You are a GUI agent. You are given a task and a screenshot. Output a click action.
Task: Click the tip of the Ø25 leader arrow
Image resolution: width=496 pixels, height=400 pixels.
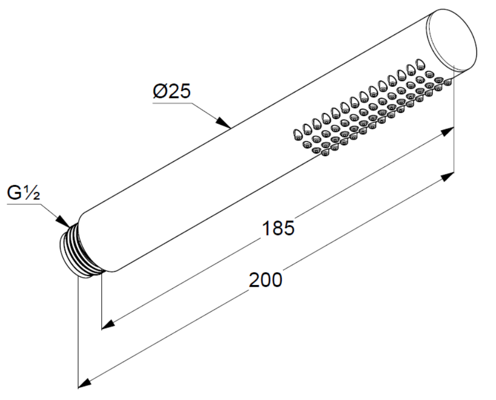[x=230, y=128]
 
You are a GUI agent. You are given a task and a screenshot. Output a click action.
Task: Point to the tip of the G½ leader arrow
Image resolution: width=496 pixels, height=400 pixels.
[x=70, y=227]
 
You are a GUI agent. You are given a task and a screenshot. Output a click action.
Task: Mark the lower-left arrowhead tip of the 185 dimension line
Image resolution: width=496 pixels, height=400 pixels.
[x=102, y=330]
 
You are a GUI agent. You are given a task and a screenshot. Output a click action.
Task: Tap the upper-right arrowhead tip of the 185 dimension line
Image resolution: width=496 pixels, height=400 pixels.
[x=454, y=127]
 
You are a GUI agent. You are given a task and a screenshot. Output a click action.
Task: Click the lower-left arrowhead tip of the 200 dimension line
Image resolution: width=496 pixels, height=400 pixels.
[x=78, y=387]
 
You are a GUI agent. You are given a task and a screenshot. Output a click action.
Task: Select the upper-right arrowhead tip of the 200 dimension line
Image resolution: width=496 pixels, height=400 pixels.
[x=454, y=173]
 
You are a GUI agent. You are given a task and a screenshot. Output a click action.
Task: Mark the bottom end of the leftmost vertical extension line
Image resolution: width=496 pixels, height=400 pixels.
[x=78, y=388]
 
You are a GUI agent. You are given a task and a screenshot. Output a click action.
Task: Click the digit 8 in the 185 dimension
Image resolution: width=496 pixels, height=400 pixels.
[x=279, y=228]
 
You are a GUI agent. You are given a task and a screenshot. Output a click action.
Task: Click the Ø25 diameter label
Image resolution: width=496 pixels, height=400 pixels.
[x=172, y=91]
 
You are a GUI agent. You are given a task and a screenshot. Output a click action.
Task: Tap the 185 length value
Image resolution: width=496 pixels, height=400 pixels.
[x=279, y=228]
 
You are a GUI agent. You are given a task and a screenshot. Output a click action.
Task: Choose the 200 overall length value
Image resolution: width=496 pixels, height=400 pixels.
[x=265, y=280]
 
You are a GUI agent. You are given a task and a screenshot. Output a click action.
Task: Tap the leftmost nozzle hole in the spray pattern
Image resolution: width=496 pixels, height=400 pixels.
[x=298, y=135]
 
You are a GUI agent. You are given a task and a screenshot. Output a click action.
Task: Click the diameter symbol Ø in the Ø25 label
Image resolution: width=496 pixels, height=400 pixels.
[x=160, y=91]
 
